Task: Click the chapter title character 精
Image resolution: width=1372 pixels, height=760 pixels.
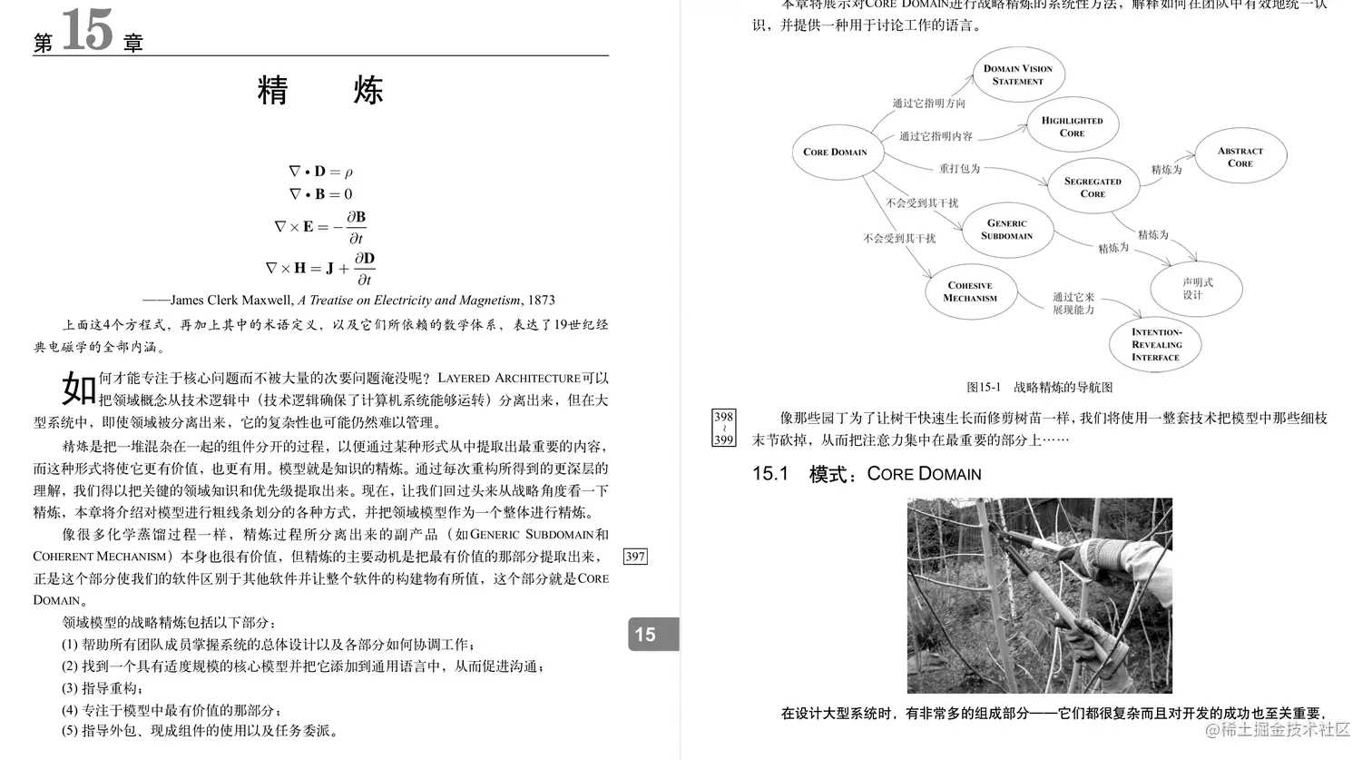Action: click(x=273, y=91)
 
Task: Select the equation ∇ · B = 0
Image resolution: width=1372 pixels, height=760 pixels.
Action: click(x=320, y=193)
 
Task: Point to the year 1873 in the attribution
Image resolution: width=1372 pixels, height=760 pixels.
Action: click(x=541, y=300)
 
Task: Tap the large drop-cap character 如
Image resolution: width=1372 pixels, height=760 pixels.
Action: click(x=79, y=389)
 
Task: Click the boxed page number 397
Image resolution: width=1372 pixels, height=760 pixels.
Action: click(x=635, y=557)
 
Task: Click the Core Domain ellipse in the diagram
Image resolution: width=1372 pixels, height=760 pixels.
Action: click(x=836, y=152)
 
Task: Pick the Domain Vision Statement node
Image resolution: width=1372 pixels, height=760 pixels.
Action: click(x=1017, y=74)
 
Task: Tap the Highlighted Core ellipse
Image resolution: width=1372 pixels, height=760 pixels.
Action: click(x=1072, y=126)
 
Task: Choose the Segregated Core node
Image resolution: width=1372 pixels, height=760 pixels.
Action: click(x=1093, y=187)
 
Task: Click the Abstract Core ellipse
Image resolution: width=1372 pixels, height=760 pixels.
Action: click(x=1240, y=157)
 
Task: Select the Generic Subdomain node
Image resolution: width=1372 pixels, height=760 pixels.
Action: click(x=1006, y=229)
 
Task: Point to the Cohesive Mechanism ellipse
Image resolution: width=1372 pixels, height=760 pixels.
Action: click(x=970, y=291)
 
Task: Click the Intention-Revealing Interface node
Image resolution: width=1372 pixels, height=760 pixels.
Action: click(x=1155, y=344)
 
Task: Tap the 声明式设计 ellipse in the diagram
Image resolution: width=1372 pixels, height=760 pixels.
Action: click(x=1196, y=289)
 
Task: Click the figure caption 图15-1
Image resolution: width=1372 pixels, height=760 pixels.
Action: click(x=984, y=388)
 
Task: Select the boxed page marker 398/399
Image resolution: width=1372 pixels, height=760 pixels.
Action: click(x=723, y=428)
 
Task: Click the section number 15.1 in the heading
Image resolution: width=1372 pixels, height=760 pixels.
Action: click(x=770, y=474)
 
